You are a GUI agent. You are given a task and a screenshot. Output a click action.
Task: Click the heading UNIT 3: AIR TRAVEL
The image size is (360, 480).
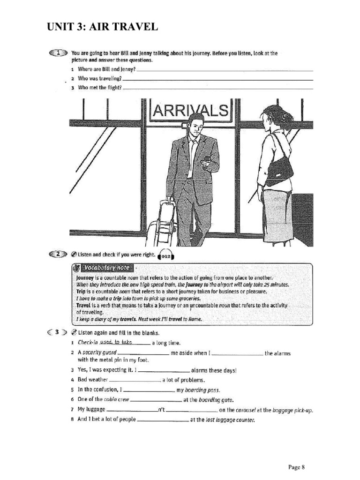[102, 27]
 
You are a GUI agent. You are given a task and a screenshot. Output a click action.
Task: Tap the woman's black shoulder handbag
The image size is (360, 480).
[279, 170]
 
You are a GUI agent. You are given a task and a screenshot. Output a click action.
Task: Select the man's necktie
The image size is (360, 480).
[191, 157]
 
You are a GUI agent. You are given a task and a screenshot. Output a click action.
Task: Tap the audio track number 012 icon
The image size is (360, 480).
[166, 256]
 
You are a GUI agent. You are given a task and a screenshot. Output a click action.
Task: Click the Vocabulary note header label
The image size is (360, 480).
[104, 268]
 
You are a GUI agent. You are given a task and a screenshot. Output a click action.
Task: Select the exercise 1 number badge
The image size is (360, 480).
[58, 53]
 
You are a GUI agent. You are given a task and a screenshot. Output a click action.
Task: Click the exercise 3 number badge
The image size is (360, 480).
[57, 332]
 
